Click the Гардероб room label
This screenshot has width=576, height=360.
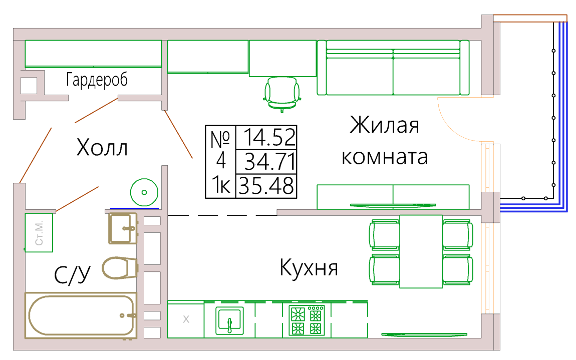click(x=97, y=80)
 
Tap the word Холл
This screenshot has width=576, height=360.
click(x=102, y=148)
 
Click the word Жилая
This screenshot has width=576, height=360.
click(x=384, y=125)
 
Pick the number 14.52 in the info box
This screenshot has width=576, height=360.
click(x=269, y=137)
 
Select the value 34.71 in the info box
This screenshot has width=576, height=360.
click(x=270, y=162)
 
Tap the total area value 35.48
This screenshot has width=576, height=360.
click(x=266, y=186)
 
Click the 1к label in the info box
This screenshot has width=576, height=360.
click(x=221, y=185)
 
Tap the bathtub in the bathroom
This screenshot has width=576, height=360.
click(x=81, y=315)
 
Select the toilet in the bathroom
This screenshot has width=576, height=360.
click(x=120, y=268)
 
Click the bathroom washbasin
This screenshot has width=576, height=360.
click(x=123, y=228)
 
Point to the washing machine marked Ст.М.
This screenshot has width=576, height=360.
click(x=39, y=232)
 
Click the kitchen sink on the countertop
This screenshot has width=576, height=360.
click(x=229, y=320)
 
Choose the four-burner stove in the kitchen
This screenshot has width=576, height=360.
click(x=307, y=320)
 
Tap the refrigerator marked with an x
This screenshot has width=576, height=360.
click(x=186, y=319)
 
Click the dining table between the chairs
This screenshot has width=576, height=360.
click(x=421, y=252)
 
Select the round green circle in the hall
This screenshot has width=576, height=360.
click(x=144, y=192)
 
